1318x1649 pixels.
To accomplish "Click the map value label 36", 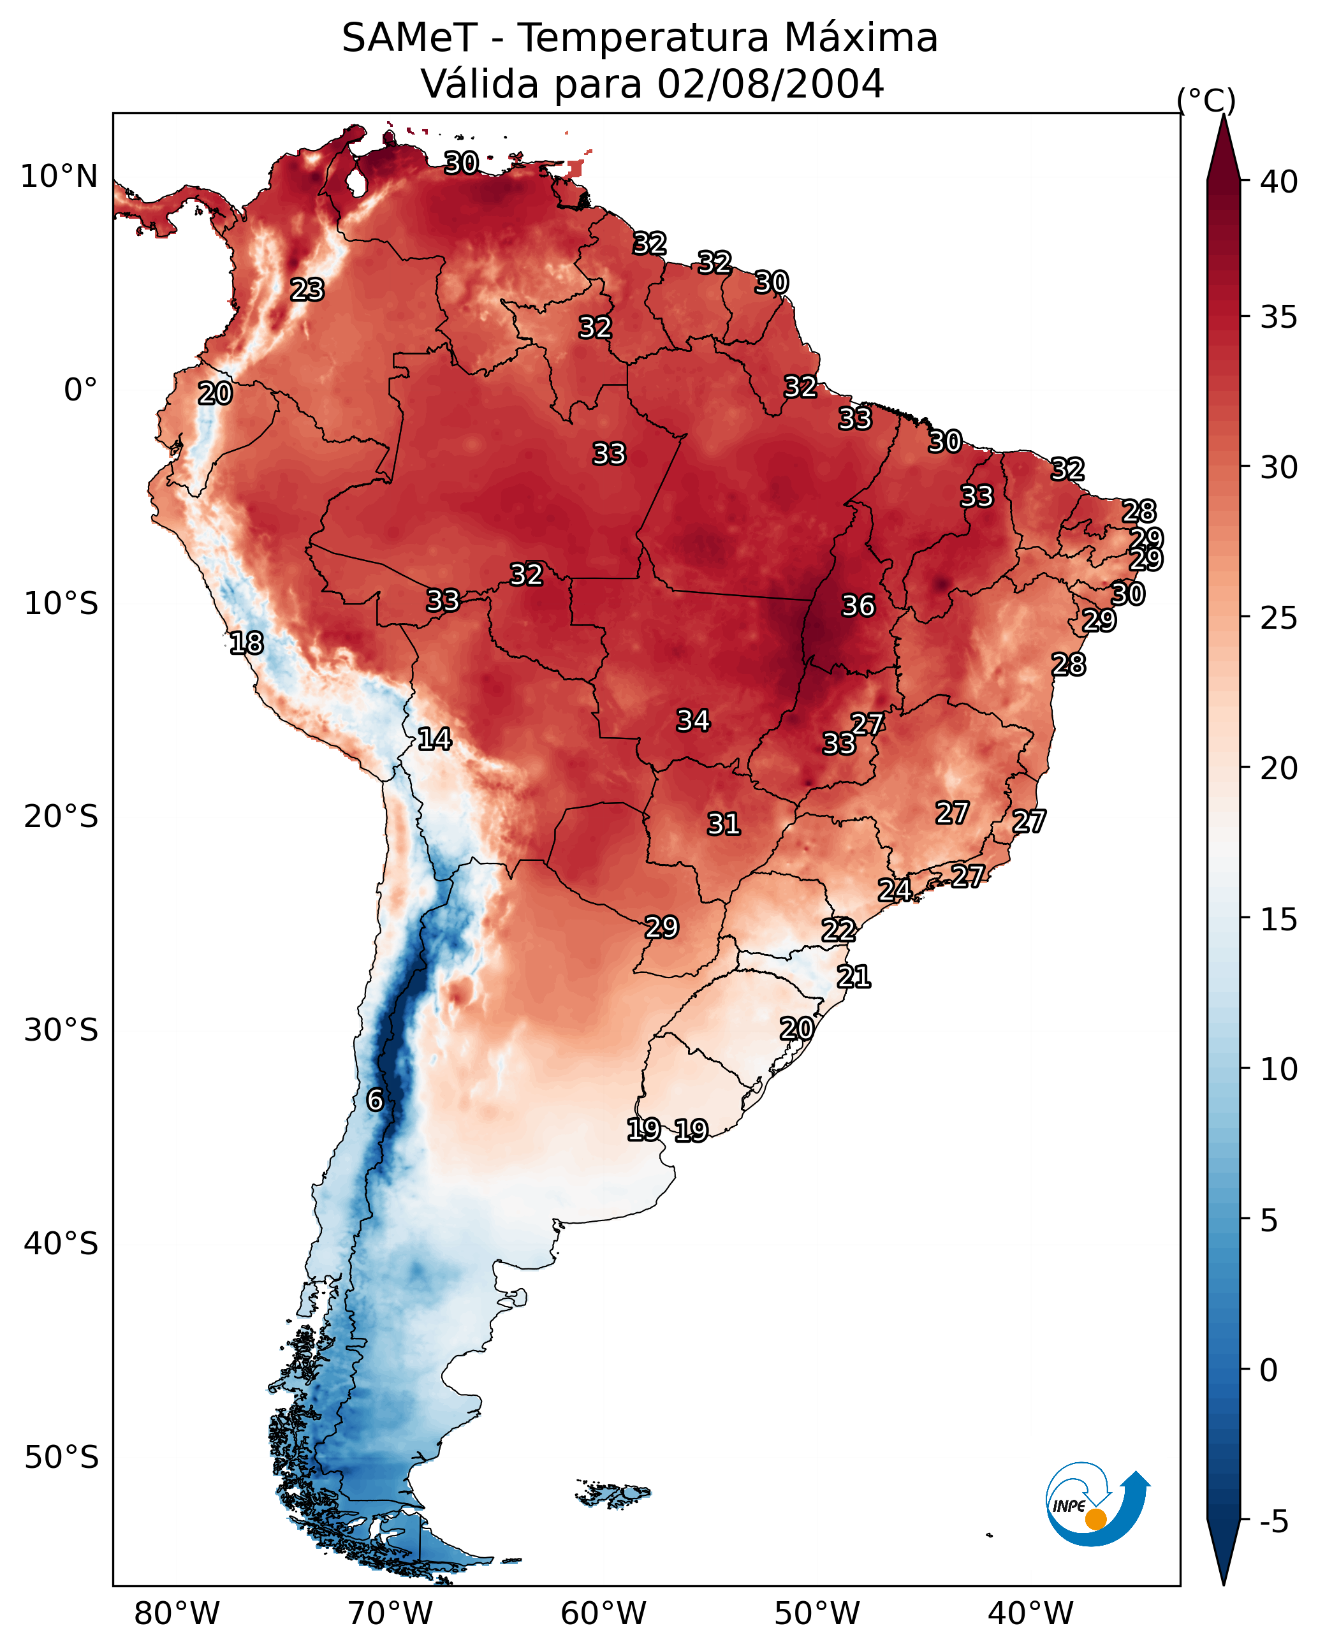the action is point(858,606).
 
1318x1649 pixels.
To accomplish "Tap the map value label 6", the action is point(375,1100).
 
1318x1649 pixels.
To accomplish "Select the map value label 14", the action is point(434,739).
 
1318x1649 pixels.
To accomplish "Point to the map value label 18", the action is point(246,643).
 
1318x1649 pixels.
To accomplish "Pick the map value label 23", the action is point(307,290).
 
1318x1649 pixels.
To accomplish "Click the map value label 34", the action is point(693,721).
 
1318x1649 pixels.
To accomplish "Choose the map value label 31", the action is point(724,824).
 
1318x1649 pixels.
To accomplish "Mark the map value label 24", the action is point(894,890).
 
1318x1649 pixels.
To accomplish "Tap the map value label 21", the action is point(854,977).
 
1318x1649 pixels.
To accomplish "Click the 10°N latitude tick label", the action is point(59,177).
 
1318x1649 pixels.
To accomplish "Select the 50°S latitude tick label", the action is point(61,1458).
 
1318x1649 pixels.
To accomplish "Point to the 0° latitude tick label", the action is point(81,390).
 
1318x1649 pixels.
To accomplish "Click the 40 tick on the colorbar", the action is point(1280,182).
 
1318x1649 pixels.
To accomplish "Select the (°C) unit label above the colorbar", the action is point(1206,100).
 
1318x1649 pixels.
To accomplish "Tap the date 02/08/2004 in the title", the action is point(770,84).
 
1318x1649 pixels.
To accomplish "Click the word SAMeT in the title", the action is point(409,38).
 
